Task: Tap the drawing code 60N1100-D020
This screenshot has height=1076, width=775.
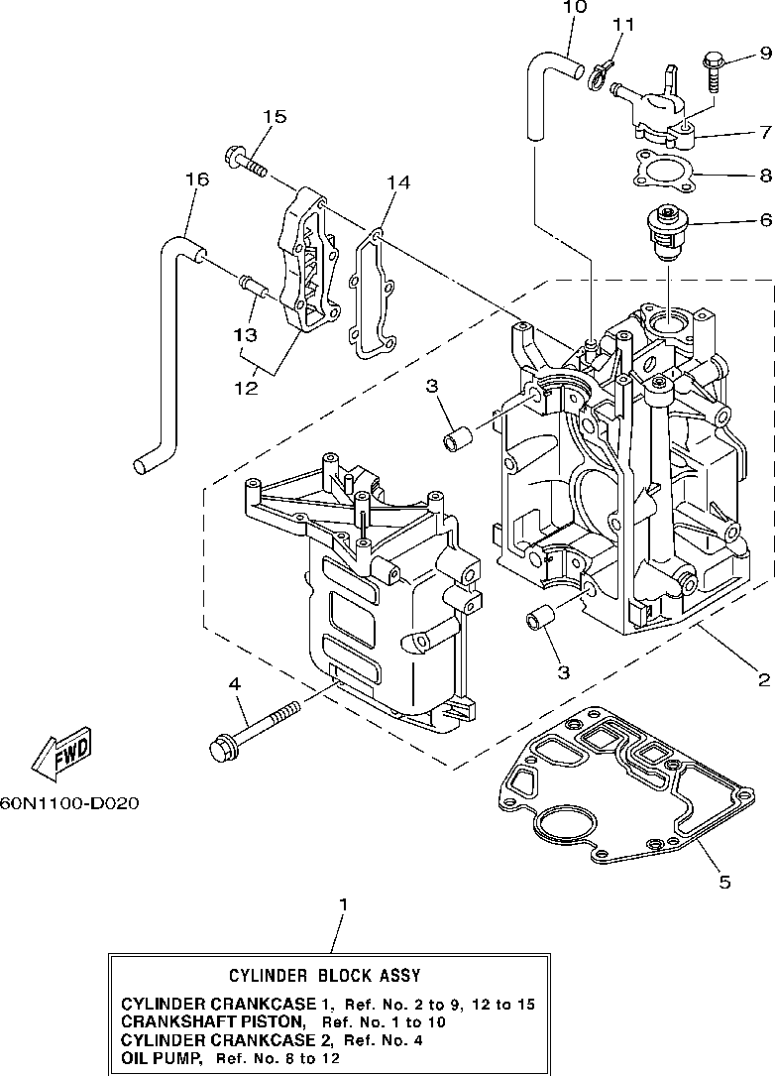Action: (x=69, y=802)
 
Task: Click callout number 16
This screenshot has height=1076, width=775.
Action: (x=197, y=179)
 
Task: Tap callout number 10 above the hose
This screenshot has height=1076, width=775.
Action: (x=575, y=7)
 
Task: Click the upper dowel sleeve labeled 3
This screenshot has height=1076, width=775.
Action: (x=456, y=438)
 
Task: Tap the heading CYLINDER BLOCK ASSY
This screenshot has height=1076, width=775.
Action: (x=324, y=975)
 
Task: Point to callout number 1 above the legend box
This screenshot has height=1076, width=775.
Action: (x=344, y=905)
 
